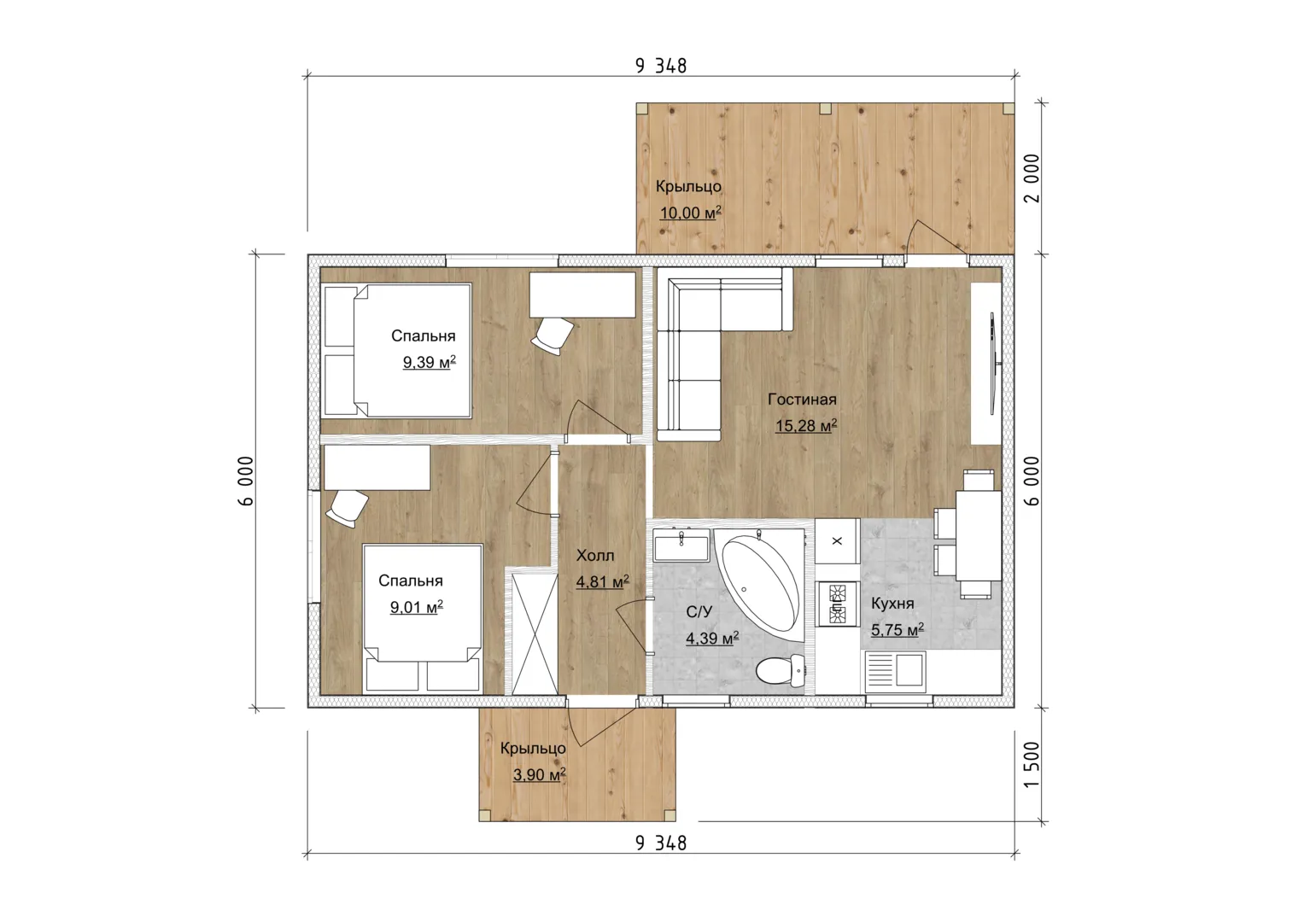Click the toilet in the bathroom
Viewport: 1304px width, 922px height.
(x=780, y=670)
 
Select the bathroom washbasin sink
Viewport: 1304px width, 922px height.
(x=681, y=545)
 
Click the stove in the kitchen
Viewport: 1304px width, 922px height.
(x=837, y=604)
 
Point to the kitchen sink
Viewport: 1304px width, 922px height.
(x=895, y=669)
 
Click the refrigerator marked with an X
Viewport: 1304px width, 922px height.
(x=837, y=540)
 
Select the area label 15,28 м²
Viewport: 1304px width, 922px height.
(x=805, y=425)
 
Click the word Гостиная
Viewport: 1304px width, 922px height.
(x=802, y=400)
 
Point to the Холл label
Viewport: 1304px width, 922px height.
(x=595, y=555)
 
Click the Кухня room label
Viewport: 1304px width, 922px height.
(x=892, y=603)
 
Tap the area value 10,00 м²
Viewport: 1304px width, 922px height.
(x=690, y=213)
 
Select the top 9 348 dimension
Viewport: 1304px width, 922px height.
(x=661, y=66)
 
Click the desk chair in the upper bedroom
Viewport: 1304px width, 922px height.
(x=553, y=336)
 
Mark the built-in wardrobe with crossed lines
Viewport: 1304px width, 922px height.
(x=535, y=633)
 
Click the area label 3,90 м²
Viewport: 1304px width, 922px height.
(x=539, y=775)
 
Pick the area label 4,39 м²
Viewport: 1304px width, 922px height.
(x=712, y=639)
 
